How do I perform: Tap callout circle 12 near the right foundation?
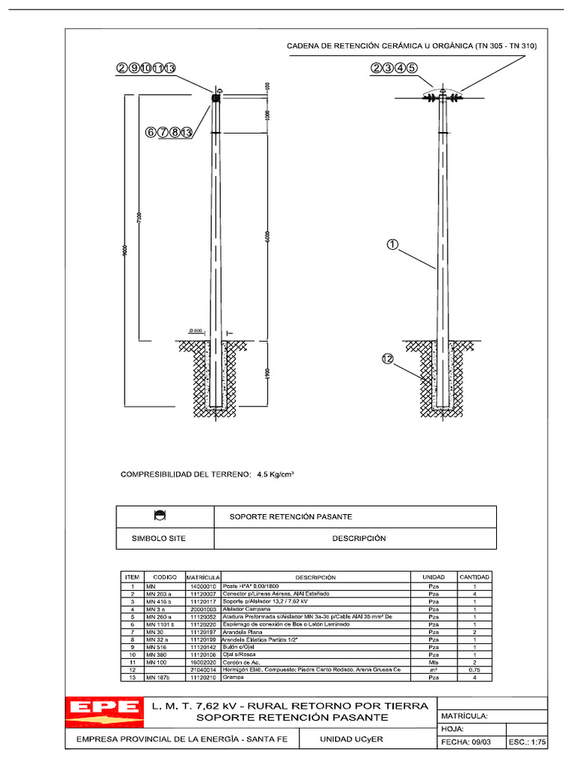(x=387, y=359)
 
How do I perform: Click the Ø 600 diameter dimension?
(x=196, y=331)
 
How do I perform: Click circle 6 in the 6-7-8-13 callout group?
(x=151, y=132)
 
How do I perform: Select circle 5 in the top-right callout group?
(x=412, y=68)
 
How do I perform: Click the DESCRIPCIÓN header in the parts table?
(x=315, y=577)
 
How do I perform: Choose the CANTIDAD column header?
(x=474, y=577)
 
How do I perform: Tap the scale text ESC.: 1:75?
(x=527, y=742)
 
